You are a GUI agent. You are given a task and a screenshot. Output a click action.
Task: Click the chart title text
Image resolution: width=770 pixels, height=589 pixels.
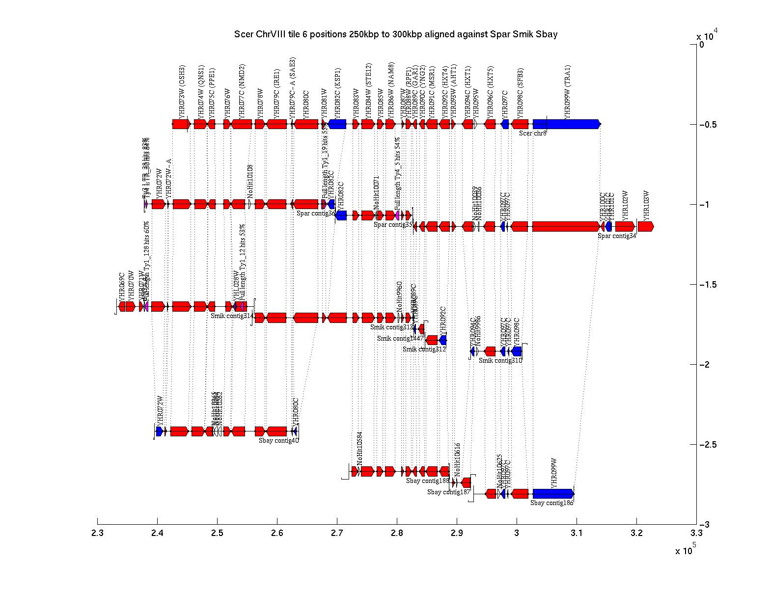[396, 34]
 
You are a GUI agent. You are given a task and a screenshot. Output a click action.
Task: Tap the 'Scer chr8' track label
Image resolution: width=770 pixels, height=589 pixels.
[533, 133]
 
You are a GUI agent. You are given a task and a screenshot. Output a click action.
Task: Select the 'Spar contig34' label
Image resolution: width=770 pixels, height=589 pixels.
[617, 236]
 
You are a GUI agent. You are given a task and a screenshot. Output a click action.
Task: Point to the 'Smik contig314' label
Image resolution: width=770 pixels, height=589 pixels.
[232, 316]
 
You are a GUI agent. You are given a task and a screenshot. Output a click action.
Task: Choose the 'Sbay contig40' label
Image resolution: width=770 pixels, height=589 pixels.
[278, 440]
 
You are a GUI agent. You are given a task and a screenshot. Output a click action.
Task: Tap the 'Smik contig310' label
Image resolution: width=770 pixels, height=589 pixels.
[500, 360]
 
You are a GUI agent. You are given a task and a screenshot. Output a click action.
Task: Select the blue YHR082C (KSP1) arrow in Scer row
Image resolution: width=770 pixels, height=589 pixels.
[337, 124]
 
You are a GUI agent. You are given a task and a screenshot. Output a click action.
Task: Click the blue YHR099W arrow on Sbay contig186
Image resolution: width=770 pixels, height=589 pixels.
[553, 493]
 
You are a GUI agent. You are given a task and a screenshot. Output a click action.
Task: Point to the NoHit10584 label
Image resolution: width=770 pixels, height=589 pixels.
[360, 449]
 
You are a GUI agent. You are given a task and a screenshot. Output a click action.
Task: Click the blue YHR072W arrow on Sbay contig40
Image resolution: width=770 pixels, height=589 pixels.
[159, 431]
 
